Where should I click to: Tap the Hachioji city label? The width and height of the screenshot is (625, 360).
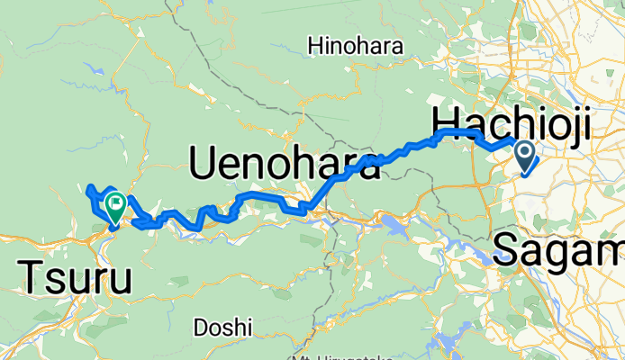512,121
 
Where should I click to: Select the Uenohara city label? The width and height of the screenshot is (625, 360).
285,164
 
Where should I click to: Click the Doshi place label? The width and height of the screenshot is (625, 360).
222,327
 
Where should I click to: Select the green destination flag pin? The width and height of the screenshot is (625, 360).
115,205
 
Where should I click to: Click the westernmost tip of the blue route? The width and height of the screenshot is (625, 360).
87,190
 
